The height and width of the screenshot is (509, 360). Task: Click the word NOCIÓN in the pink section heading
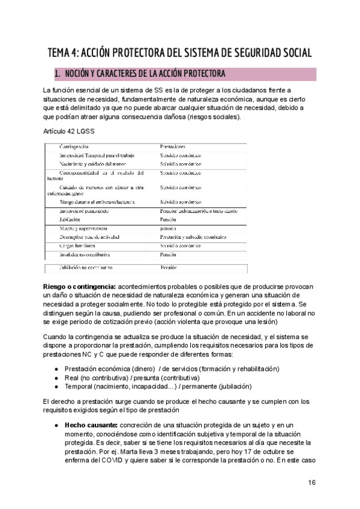point(79,74)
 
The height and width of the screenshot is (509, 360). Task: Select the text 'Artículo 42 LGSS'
point(68,131)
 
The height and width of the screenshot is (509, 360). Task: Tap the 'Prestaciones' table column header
point(173,146)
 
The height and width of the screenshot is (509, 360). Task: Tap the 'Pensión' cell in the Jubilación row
point(169,220)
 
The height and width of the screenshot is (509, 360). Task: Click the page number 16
point(311,483)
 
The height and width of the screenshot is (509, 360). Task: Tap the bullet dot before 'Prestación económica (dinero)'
point(56,369)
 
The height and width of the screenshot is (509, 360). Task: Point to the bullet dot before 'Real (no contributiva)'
point(56,378)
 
